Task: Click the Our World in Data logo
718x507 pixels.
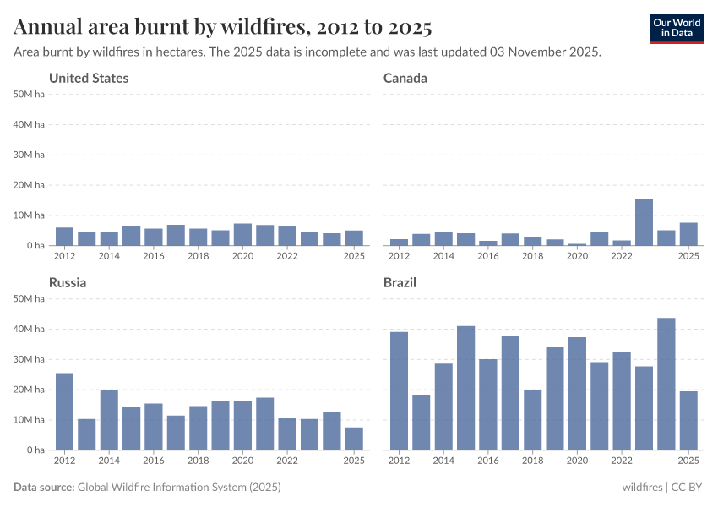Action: pyautogui.click(x=677, y=28)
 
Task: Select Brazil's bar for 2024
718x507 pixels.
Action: pyautogui.click(x=666, y=384)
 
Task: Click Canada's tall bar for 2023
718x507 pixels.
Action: pyautogui.click(x=644, y=222)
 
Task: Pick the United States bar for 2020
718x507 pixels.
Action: pyautogui.click(x=242, y=234)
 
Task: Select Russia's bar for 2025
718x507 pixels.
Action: pyautogui.click(x=354, y=439)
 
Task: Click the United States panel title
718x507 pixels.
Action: pyautogui.click(x=89, y=79)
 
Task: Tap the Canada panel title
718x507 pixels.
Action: pyautogui.click(x=405, y=79)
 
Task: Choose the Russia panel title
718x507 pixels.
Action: pyautogui.click(x=68, y=283)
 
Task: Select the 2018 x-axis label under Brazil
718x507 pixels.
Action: pyautogui.click(x=532, y=461)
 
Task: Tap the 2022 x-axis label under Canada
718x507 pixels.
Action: pyautogui.click(x=622, y=256)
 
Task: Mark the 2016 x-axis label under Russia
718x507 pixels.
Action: pyautogui.click(x=153, y=461)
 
